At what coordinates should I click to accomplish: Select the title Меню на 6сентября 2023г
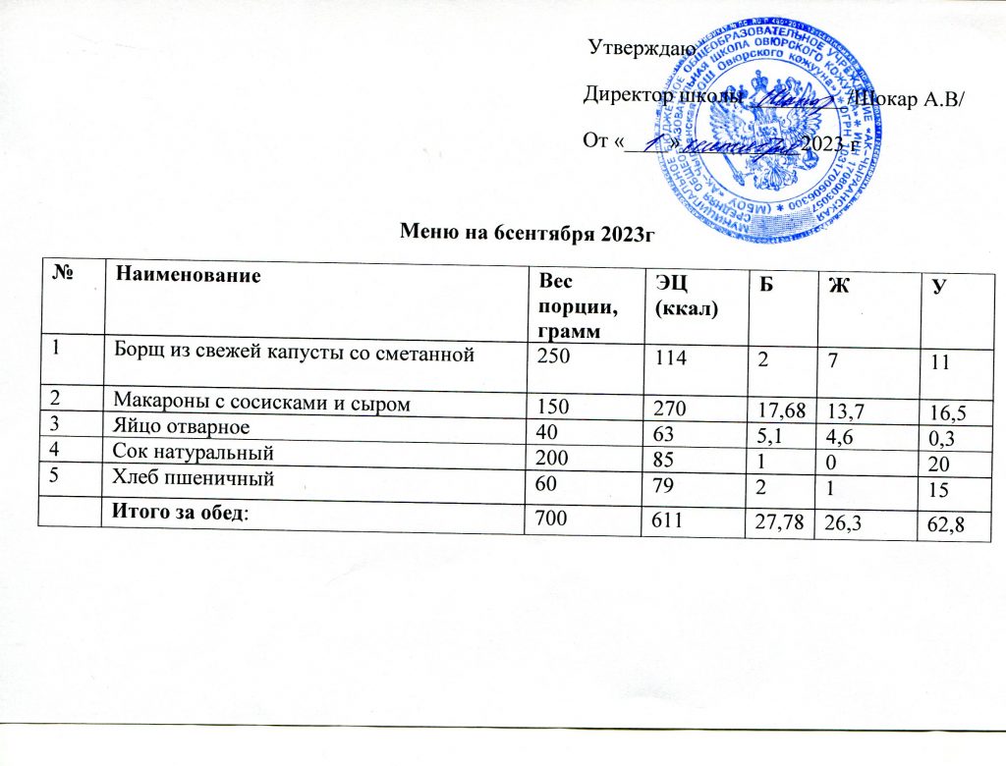tap(528, 232)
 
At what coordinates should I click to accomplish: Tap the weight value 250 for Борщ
tap(551, 355)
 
